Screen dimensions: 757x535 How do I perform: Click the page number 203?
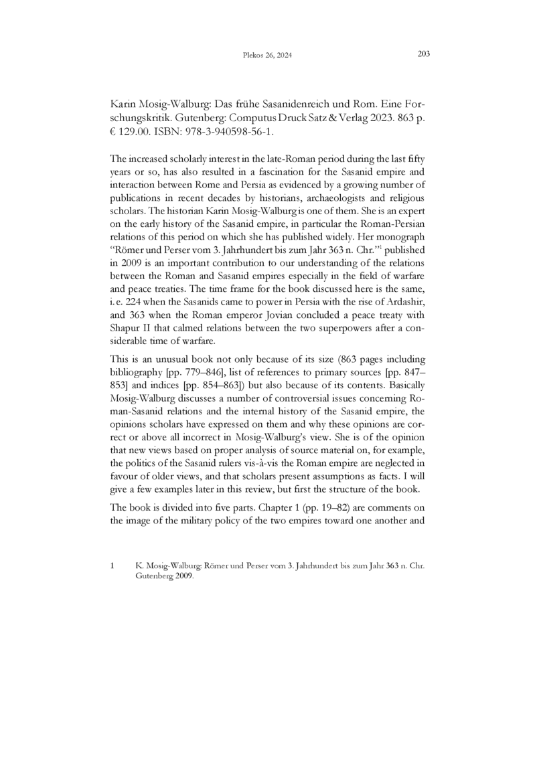423,54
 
